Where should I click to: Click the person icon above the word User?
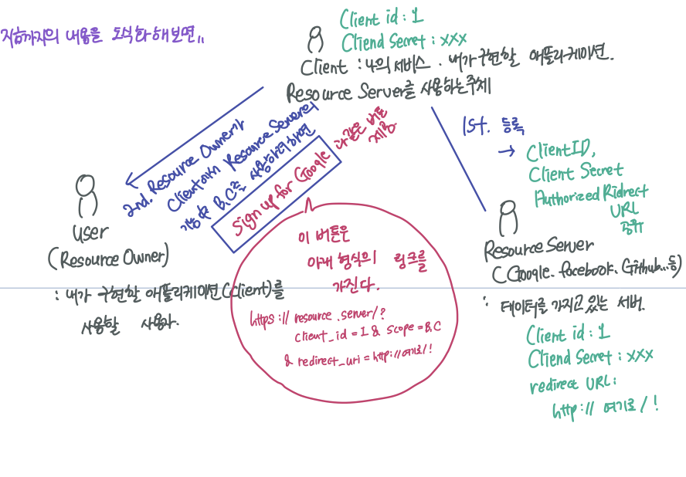(x=87, y=195)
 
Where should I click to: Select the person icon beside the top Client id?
(x=314, y=39)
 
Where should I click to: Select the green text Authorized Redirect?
(x=592, y=195)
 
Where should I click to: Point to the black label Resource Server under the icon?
(x=539, y=248)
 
